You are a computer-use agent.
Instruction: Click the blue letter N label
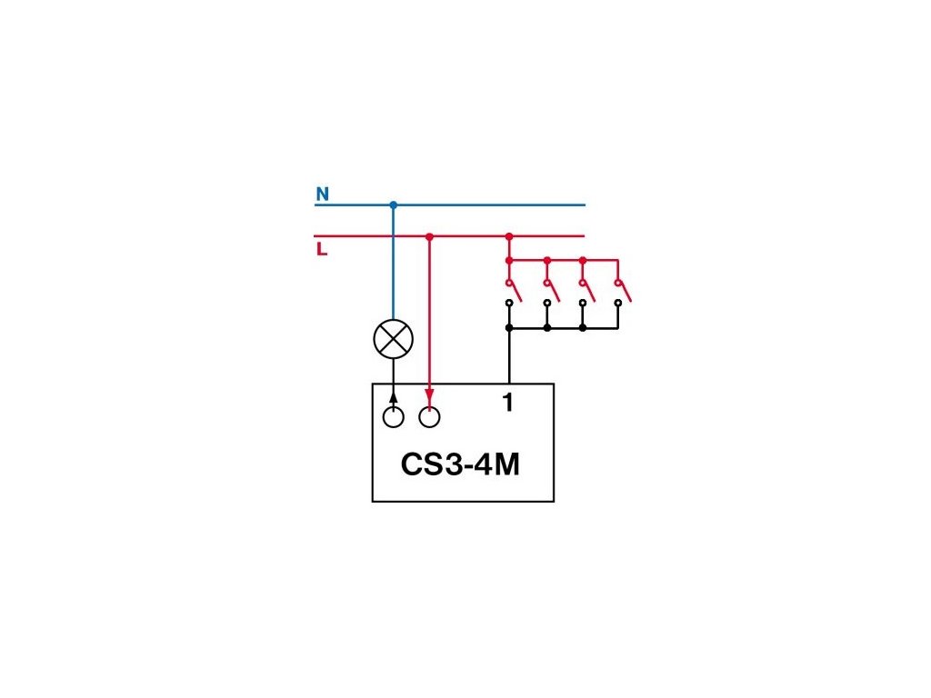point(322,194)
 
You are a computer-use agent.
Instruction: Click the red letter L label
point(322,249)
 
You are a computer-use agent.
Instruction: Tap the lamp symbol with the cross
point(394,339)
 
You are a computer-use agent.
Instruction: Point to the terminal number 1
point(508,403)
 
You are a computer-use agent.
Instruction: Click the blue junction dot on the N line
point(394,204)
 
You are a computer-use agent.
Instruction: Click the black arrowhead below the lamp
point(394,397)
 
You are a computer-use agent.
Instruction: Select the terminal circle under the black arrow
point(394,417)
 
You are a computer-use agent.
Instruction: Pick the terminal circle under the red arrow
point(429,417)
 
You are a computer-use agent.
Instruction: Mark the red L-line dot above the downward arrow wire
point(429,236)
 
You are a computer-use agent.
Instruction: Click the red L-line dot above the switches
point(509,236)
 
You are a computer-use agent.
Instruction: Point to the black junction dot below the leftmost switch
point(509,327)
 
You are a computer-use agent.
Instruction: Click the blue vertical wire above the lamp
point(394,264)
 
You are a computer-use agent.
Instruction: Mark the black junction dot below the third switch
point(583,327)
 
